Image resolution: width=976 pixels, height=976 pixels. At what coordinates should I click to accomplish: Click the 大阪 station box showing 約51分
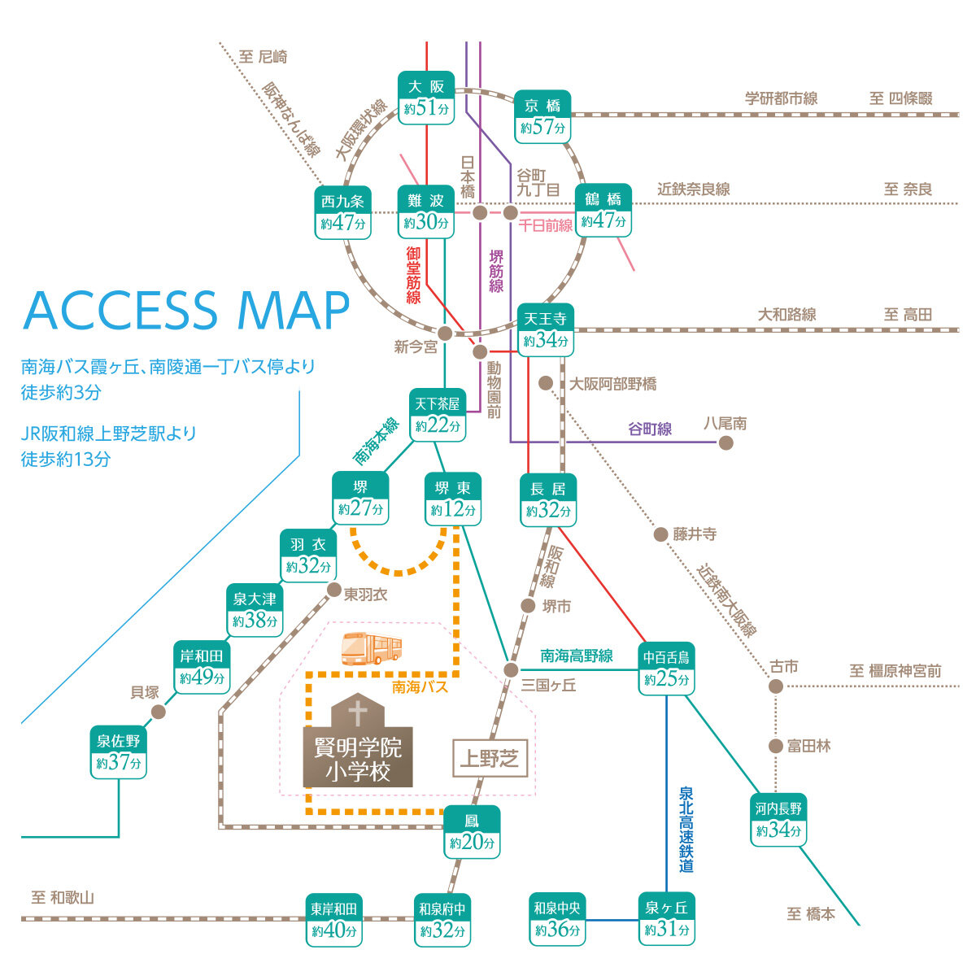(x=426, y=98)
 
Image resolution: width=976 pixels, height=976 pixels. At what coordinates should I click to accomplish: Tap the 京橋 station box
(x=542, y=117)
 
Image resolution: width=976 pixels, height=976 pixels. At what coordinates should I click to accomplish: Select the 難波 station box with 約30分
(x=426, y=211)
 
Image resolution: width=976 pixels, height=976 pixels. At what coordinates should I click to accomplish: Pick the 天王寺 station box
(x=546, y=330)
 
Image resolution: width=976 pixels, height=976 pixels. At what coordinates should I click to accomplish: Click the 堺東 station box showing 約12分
(x=453, y=499)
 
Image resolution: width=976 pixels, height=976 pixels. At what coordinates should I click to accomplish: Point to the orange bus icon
(x=372, y=648)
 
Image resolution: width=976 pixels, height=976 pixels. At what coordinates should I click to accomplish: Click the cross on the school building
(x=358, y=712)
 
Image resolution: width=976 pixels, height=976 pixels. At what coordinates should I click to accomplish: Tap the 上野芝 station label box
(x=490, y=758)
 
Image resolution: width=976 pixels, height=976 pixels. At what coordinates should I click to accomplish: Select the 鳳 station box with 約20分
(x=472, y=832)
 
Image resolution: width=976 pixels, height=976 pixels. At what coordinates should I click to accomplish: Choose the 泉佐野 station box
(x=119, y=752)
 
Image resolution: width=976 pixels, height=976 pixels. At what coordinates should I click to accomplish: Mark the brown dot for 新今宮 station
(x=445, y=333)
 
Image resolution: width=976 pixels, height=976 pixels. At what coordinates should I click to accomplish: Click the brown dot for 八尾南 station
(x=725, y=443)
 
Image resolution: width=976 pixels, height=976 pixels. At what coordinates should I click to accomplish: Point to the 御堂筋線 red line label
(x=413, y=275)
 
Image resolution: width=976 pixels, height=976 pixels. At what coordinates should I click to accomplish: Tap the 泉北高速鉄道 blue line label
(x=686, y=829)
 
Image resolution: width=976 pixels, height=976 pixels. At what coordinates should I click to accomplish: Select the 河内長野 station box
(x=778, y=820)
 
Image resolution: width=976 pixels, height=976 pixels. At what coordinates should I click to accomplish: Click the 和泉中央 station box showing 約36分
(x=557, y=919)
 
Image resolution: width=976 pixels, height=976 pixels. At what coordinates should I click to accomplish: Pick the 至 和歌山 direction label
(x=63, y=898)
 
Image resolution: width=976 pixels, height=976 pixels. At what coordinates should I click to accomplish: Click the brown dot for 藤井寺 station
(x=660, y=534)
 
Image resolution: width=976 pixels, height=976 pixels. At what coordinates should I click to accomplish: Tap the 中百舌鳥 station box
(x=666, y=669)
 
